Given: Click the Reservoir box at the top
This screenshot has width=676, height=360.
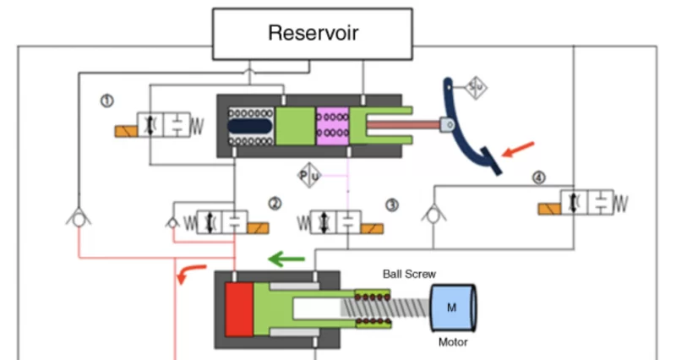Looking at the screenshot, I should point(313,34).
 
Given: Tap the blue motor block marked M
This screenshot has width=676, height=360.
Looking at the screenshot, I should point(453,308).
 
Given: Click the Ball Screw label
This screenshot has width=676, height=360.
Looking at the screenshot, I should point(409,274).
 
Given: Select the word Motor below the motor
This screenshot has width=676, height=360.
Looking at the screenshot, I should point(453,343).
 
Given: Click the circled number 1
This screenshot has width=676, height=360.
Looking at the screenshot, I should point(107,101).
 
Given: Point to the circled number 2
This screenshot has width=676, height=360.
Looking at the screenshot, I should point(275,203).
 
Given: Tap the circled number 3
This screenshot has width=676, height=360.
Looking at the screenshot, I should point(391,205).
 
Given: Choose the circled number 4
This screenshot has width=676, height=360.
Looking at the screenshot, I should point(539,177).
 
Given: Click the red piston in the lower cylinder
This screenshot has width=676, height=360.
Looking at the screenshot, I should point(239,309).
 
